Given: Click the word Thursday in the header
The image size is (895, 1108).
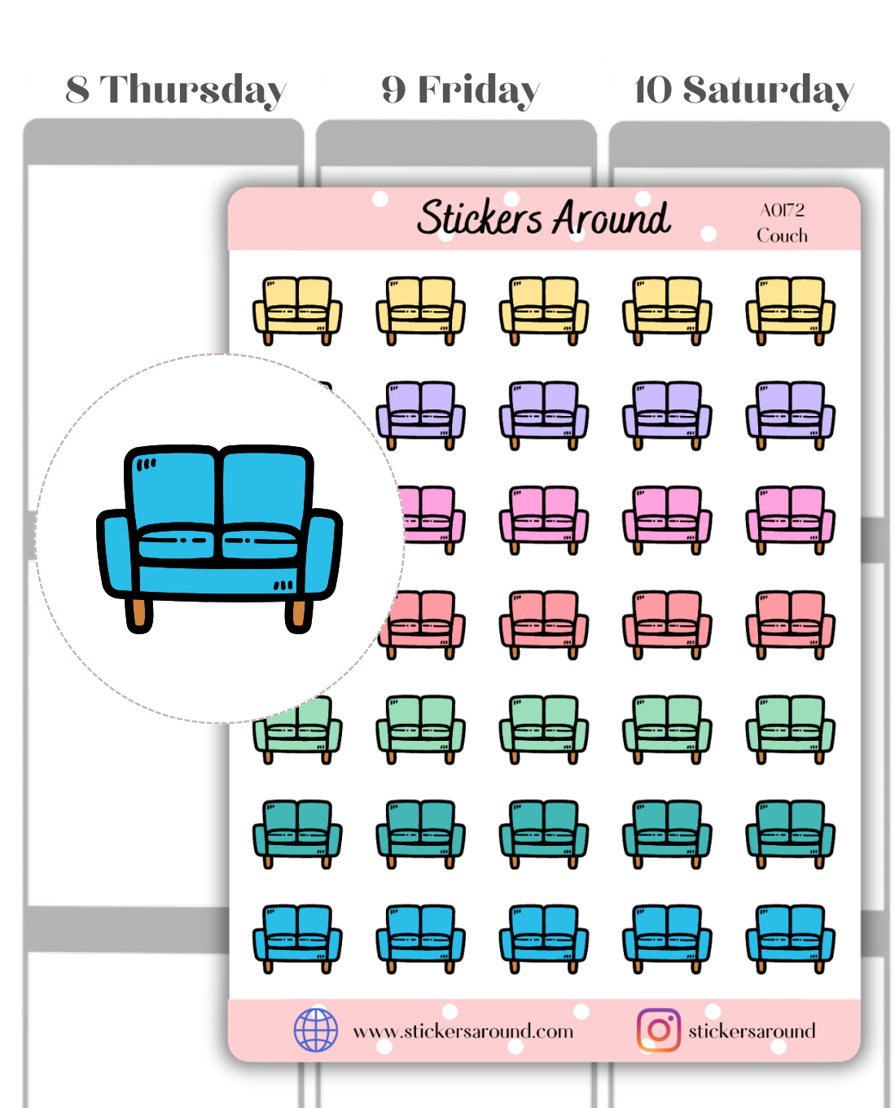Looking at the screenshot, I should [193, 90].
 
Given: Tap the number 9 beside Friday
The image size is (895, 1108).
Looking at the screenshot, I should [393, 90].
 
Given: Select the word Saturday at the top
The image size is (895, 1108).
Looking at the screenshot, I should [768, 90].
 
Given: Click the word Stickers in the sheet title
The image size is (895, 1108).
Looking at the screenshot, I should [479, 217].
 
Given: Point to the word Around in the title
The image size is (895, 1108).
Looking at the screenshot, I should [612, 217].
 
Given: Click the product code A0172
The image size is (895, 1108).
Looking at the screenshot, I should [782, 210].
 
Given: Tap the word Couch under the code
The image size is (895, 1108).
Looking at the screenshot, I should [782, 235].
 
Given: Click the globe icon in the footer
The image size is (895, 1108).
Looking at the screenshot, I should [315, 1030].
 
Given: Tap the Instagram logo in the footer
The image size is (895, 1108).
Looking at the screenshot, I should [658, 1030].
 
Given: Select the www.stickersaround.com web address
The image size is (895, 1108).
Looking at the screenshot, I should [463, 1031].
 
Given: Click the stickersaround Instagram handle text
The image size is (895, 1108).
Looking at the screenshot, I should [751, 1031].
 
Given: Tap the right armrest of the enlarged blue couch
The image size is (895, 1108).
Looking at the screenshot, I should [322, 554].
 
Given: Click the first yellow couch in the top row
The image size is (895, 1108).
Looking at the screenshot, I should [297, 310].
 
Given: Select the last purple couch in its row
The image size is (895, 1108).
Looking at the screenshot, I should [790, 414].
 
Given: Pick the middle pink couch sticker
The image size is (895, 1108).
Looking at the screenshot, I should [543, 519].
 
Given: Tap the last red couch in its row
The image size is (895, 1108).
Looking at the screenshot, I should [790, 624].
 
